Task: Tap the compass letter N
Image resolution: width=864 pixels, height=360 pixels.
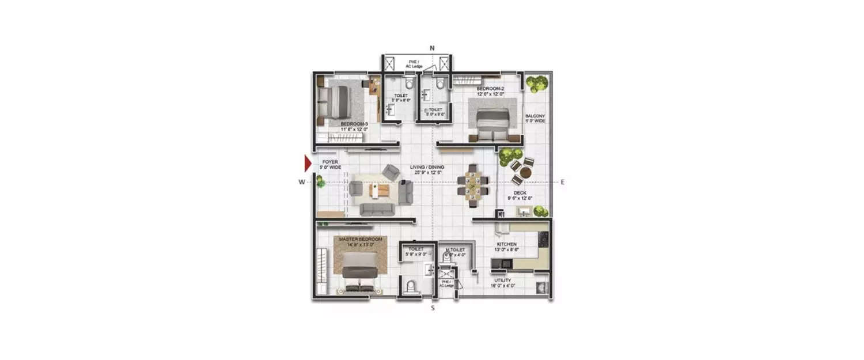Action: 432,48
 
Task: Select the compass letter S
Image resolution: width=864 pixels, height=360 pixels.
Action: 433,308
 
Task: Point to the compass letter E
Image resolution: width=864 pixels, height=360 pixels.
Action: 562,182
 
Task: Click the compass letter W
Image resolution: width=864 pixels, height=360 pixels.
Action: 301,182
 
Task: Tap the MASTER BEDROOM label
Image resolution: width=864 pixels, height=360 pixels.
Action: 361,239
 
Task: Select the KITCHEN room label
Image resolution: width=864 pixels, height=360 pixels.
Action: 507,245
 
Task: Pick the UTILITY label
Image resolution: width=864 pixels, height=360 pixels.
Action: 503,281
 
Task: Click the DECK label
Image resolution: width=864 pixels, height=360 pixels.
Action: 521,194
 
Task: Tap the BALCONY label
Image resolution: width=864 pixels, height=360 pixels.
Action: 535,116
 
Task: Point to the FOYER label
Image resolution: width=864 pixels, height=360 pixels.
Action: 330,162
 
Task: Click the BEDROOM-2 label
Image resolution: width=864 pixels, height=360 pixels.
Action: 490,89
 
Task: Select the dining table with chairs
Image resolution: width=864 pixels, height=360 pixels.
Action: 473,185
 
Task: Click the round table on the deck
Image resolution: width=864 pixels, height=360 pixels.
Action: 525,172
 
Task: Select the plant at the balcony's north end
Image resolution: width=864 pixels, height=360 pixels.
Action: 536,83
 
